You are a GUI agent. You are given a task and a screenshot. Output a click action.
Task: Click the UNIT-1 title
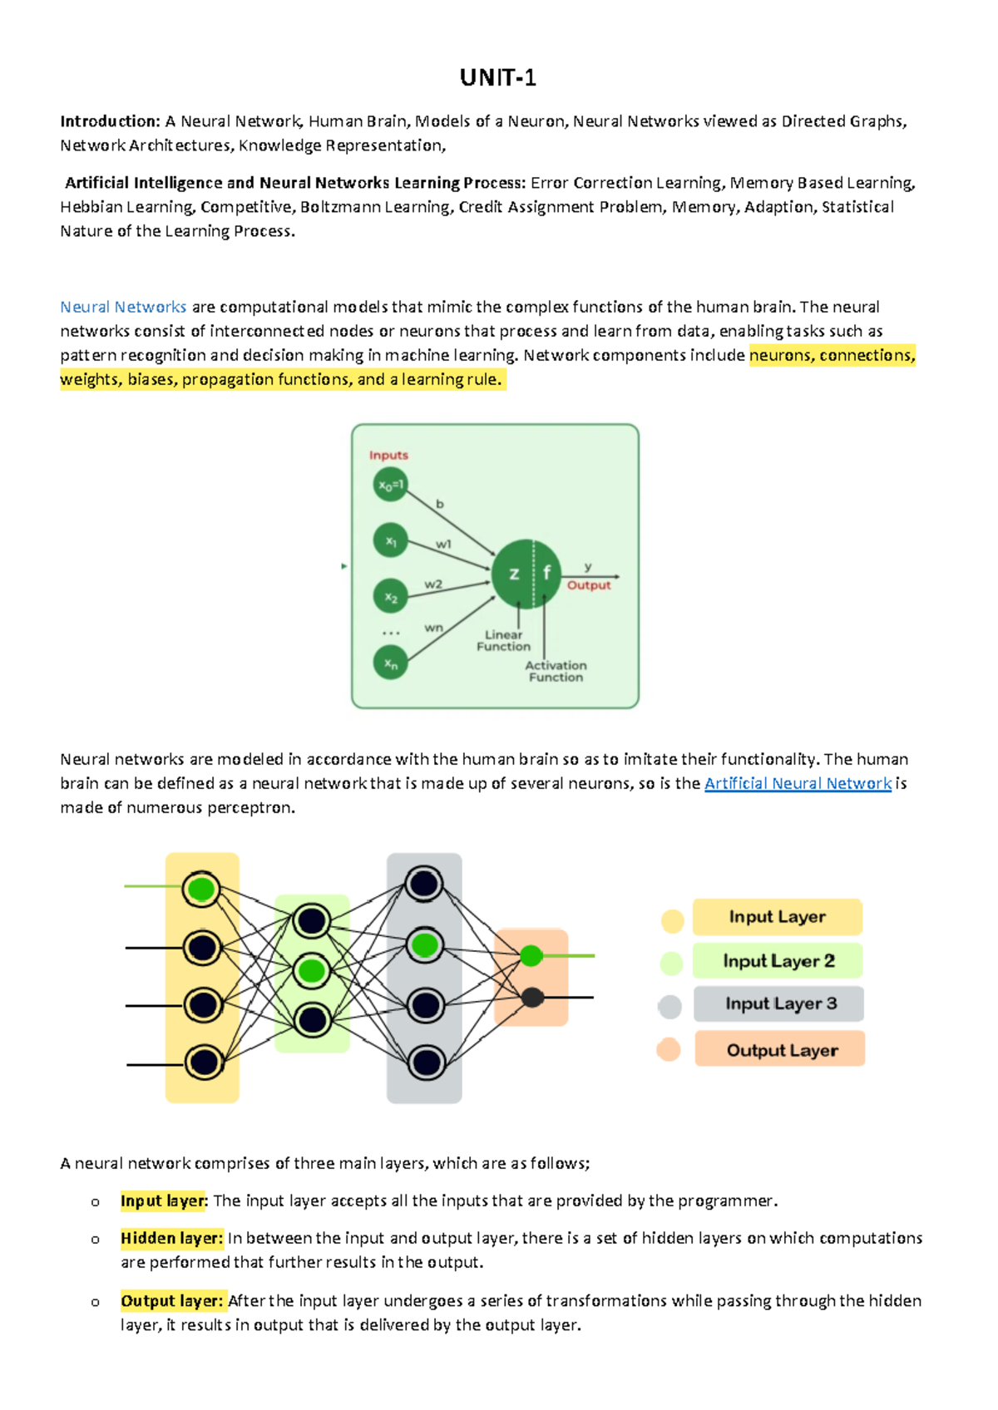(498, 78)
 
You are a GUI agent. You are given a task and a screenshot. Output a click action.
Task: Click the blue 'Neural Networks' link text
(123, 307)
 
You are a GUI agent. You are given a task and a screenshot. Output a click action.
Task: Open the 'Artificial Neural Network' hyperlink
(798, 783)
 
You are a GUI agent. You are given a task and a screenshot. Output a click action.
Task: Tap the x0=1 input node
(390, 485)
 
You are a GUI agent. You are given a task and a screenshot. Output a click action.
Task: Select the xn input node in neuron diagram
(390, 663)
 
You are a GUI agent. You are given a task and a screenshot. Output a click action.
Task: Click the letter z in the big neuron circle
(514, 574)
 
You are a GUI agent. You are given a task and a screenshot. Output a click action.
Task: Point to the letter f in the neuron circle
(546, 573)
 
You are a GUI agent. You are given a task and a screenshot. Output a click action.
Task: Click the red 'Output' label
(589, 585)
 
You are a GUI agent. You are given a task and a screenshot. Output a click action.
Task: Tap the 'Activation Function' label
(556, 671)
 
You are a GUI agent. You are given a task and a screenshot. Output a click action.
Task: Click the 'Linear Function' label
(503, 640)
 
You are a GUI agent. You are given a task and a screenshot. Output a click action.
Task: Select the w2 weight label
(433, 584)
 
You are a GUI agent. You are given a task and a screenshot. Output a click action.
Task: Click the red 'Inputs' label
(388, 455)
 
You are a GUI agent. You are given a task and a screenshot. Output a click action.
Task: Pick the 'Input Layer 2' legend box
(778, 961)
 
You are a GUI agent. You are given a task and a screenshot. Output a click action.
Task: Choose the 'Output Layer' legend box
(780, 1050)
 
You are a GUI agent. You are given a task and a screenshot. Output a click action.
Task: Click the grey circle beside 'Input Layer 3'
(669, 1007)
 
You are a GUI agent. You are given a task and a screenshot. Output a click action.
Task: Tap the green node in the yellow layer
(201, 890)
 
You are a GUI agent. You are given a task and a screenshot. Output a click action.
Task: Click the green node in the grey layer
(424, 945)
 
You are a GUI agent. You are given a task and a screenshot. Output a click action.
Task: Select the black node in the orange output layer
(532, 997)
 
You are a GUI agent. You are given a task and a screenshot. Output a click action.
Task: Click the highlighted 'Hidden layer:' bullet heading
(171, 1239)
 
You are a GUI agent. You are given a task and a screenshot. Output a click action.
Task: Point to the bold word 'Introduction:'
(110, 121)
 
